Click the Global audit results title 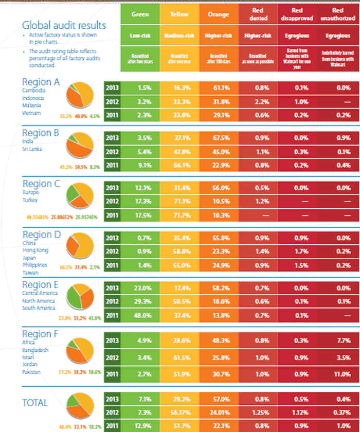(64, 25)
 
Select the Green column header (140, 14)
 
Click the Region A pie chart (79, 96)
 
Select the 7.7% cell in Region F (338, 340)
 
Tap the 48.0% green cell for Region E (140, 314)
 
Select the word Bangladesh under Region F (35, 350)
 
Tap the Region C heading (44, 184)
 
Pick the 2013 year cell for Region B (112, 138)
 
